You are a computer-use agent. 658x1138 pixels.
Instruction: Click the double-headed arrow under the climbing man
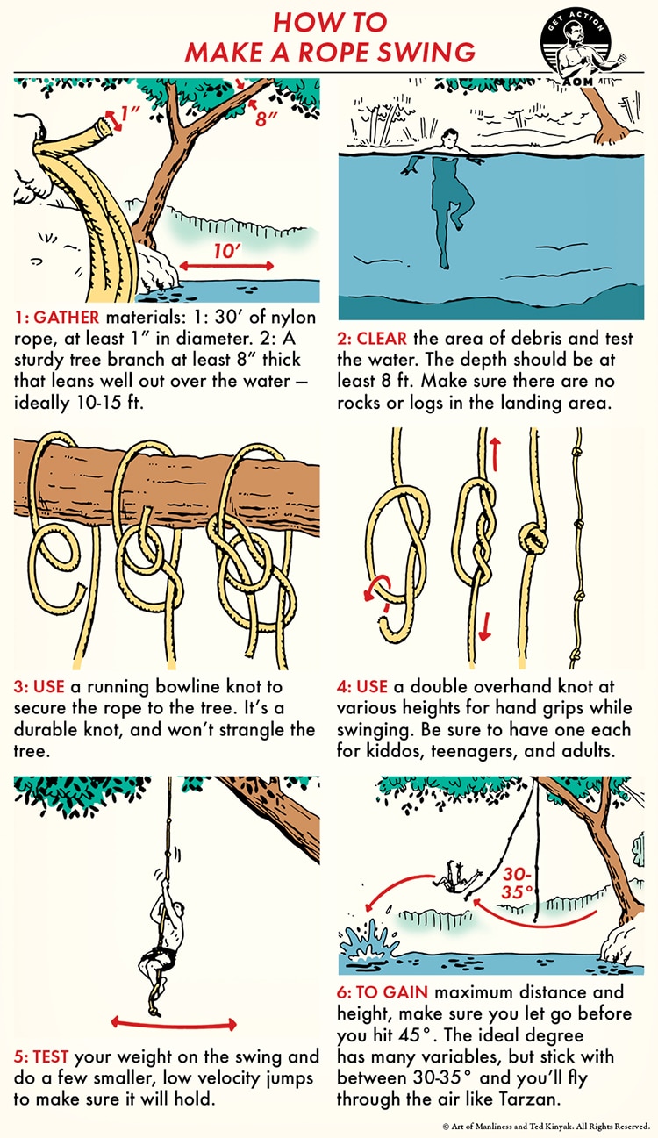coord(174,1023)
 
